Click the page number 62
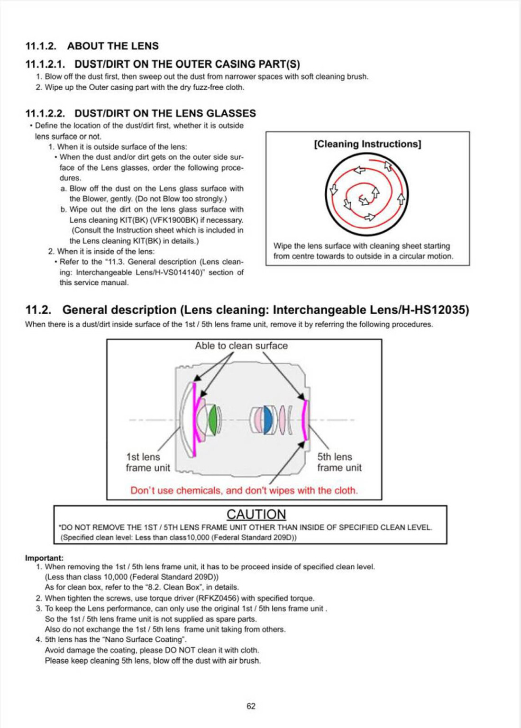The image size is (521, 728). click(251, 706)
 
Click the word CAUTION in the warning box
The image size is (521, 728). click(256, 515)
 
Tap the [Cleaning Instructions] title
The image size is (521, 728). click(367, 144)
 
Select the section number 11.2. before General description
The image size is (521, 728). click(38, 310)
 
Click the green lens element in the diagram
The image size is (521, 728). click(213, 419)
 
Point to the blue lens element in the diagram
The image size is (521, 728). click(268, 419)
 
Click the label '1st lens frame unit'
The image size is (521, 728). click(147, 462)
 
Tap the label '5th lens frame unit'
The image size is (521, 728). click(339, 462)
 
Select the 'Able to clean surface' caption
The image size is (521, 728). click(241, 346)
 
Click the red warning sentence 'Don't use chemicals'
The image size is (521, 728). click(244, 491)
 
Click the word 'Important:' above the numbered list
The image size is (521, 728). click(44, 558)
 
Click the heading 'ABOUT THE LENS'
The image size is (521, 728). click(113, 46)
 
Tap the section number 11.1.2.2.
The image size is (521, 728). click(45, 113)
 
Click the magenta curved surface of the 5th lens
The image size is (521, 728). click(305, 419)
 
